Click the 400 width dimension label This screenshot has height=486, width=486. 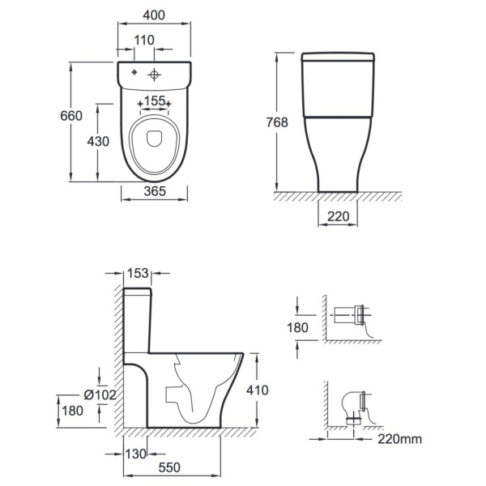click(x=154, y=15)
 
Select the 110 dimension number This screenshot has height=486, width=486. click(x=144, y=40)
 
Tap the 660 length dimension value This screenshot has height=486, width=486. click(x=71, y=116)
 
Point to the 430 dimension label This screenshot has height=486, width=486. click(x=98, y=141)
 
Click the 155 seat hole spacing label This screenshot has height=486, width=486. click(x=155, y=100)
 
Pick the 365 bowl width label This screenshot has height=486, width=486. click(x=155, y=191)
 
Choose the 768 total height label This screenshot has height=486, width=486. click(x=277, y=122)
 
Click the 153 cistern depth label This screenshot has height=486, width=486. click(x=138, y=273)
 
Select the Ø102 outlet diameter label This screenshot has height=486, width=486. click(x=100, y=395)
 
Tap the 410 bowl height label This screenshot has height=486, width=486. click(x=258, y=390)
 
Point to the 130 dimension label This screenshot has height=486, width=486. click(x=136, y=454)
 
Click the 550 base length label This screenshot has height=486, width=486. click(x=169, y=467)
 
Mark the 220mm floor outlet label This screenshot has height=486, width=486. click(x=400, y=439)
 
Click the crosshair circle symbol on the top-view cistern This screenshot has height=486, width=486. click(x=154, y=75)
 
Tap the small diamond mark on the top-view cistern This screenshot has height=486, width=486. click(x=134, y=72)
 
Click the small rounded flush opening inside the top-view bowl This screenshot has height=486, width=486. click(x=154, y=139)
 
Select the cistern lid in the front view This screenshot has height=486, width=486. click(x=338, y=57)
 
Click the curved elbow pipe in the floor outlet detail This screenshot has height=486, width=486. click(x=350, y=403)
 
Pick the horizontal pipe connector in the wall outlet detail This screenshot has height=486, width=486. click(x=344, y=315)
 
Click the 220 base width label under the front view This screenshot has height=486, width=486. click(x=338, y=216)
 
